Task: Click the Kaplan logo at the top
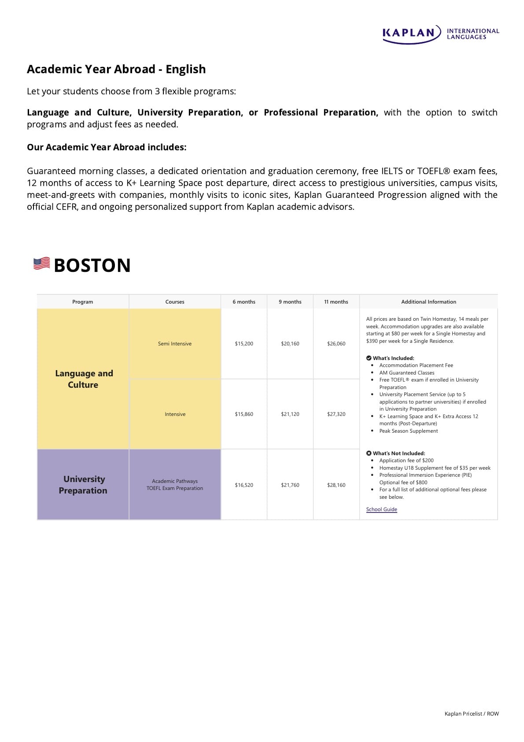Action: pos(440,34)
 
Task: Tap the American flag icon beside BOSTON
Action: pos(42,263)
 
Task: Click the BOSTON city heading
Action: pos(92,265)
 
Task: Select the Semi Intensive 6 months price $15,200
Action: pos(244,344)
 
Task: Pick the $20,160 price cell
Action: pos(290,344)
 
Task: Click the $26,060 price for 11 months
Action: pos(336,344)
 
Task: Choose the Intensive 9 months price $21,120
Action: pos(290,414)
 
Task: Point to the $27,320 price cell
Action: pos(336,414)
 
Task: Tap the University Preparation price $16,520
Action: pos(244,485)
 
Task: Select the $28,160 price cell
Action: pos(336,485)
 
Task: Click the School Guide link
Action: pos(381,509)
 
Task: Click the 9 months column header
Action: pos(290,302)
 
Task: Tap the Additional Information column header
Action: pos(428,302)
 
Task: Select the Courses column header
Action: pos(175,302)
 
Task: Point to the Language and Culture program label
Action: pos(84,379)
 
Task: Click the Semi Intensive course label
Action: pos(175,344)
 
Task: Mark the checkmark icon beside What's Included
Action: pos(369,358)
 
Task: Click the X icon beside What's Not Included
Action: pos(369,453)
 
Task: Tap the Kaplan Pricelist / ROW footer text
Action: pos(472,714)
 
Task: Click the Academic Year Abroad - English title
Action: pos(116,69)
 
